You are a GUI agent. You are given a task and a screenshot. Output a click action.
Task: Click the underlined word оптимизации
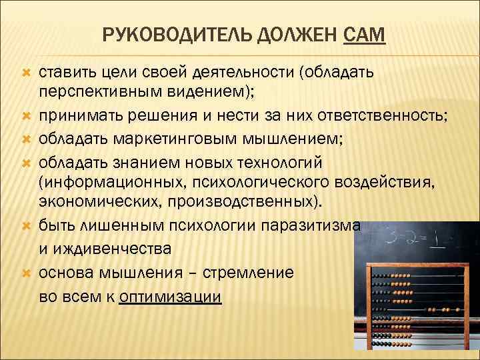tap(169, 297)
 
